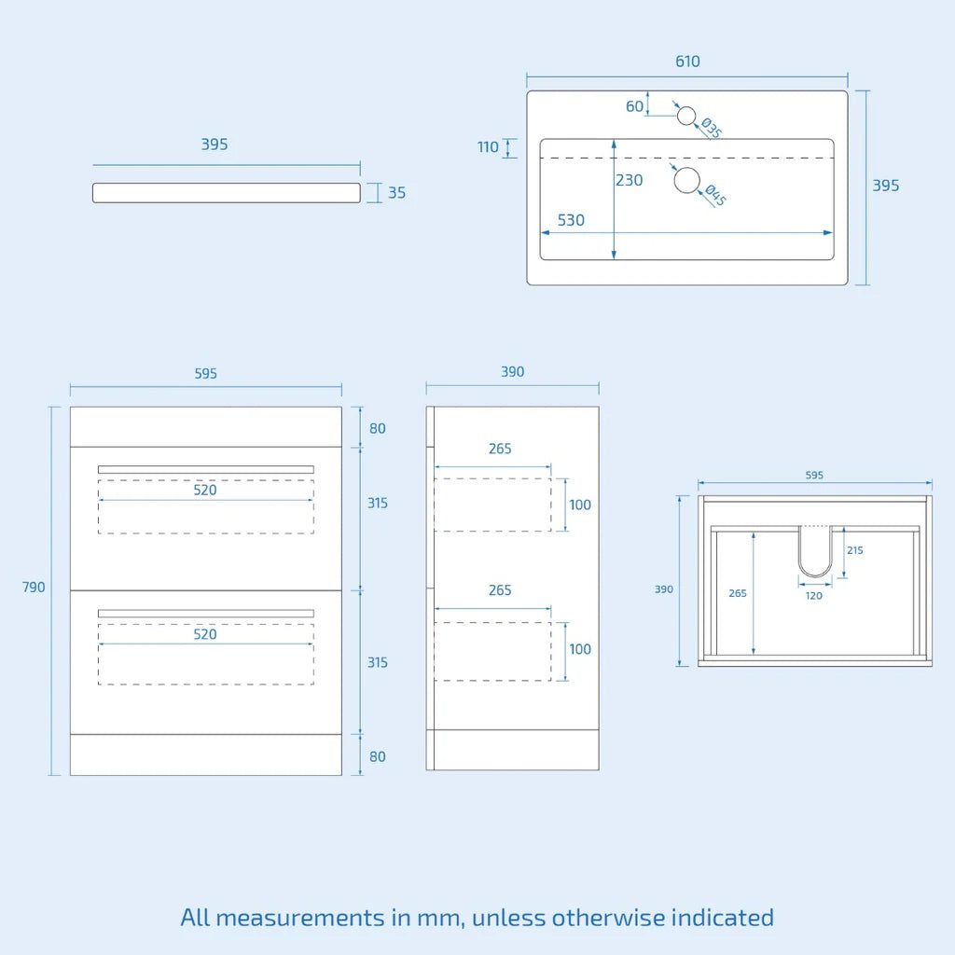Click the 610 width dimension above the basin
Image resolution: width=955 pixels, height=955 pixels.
687,62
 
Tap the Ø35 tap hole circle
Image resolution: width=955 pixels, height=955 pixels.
686,116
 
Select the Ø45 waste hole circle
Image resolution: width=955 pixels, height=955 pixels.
687,180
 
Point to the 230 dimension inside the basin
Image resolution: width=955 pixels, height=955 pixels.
630,180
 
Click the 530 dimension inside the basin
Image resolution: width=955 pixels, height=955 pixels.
571,220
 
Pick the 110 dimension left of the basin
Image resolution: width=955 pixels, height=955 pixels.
488,146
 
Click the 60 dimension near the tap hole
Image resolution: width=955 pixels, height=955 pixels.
635,106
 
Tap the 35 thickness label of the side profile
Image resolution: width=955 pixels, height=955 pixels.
396,193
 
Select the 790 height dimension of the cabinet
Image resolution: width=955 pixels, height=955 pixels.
34,588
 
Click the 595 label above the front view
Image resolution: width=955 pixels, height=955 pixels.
205,373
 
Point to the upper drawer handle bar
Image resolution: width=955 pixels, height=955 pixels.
205,469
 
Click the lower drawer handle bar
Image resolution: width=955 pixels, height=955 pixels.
205,613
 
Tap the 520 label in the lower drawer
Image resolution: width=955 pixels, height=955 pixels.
205,634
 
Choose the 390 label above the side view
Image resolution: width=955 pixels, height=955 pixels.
512,371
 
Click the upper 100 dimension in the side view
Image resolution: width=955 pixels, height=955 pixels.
580,505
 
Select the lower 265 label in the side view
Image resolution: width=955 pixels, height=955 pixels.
500,590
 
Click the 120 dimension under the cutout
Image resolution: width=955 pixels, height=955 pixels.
814,595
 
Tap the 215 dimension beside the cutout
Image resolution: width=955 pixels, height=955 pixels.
855,550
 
